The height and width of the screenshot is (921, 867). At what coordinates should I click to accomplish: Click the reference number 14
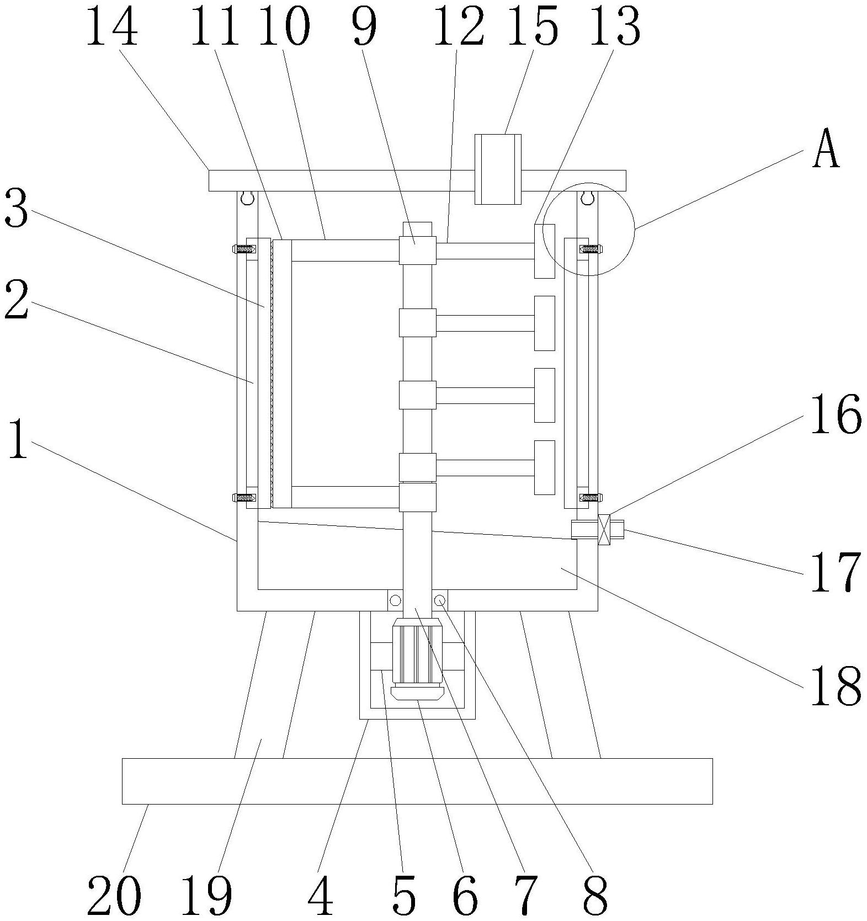tap(112, 26)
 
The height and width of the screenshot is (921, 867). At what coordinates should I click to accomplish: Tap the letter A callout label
tap(826, 150)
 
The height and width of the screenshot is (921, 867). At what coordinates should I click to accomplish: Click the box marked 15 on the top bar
tap(498, 169)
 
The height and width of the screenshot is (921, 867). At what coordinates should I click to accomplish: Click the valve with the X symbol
tap(604, 530)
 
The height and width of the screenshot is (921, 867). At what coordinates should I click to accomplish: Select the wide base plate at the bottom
tap(417, 780)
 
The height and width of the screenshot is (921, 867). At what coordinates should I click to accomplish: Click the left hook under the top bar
tap(247, 196)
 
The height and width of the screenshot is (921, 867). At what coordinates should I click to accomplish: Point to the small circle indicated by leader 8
tap(440, 600)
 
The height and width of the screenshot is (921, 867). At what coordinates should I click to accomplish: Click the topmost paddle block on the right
tap(544, 251)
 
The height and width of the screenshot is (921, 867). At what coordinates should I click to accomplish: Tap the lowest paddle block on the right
tap(544, 467)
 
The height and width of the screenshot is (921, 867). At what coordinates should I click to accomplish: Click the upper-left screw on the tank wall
tap(243, 249)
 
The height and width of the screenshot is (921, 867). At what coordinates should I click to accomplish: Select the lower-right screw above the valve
tap(591, 497)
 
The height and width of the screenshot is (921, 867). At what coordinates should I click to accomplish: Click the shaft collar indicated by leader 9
tap(418, 250)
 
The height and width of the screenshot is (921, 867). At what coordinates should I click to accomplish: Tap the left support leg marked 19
tap(259, 684)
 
